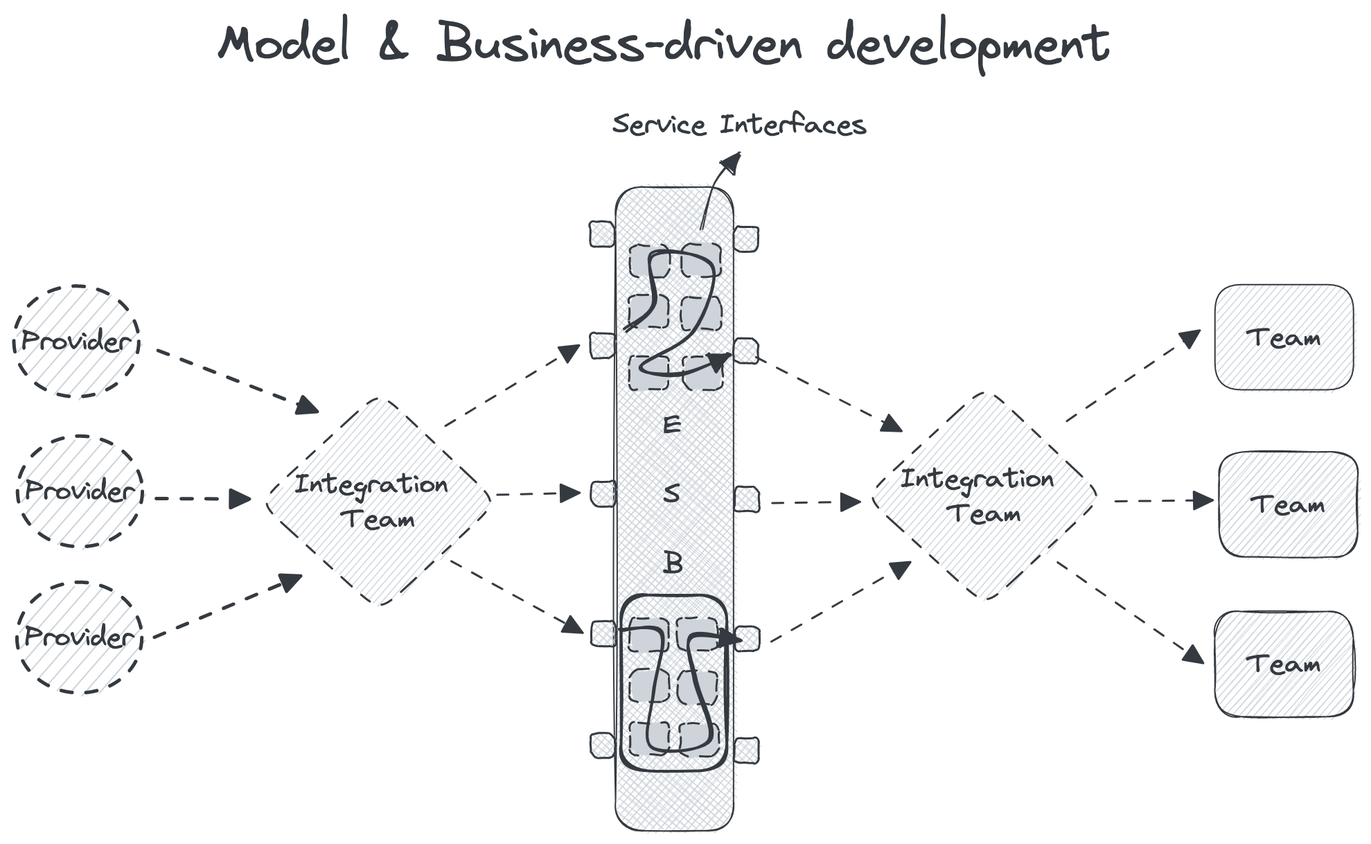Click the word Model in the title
(283, 45)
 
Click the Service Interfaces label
(739, 125)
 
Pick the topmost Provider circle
(76, 341)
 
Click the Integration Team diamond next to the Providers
(378, 501)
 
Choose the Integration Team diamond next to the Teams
(984, 495)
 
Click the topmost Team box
(1284, 337)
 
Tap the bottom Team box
(1284, 664)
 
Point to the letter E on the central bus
(671, 424)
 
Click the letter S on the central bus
(671, 493)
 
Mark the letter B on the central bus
(672, 562)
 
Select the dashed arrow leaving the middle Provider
(201, 498)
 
